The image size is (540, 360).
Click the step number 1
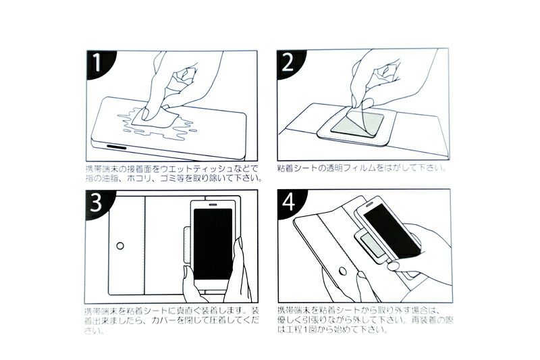point(97,62)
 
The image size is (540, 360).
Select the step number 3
point(96,202)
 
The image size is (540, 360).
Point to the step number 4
point(288,201)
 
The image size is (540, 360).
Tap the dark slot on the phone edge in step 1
point(116,147)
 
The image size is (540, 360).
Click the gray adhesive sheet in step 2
point(357,125)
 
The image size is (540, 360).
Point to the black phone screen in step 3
point(213,244)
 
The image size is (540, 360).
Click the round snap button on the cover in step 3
point(120,246)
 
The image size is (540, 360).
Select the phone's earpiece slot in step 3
point(213,204)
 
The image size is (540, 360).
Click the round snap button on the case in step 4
point(343,271)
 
